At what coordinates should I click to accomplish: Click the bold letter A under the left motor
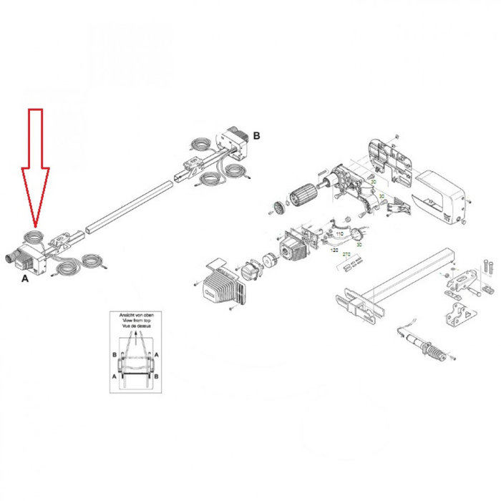(x=25, y=274)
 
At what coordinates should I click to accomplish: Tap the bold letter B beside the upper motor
(x=256, y=135)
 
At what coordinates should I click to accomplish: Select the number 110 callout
(x=339, y=235)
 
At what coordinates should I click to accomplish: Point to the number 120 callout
(x=334, y=251)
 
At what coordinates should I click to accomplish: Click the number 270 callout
(x=346, y=255)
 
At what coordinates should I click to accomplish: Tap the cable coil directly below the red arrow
(x=33, y=235)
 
